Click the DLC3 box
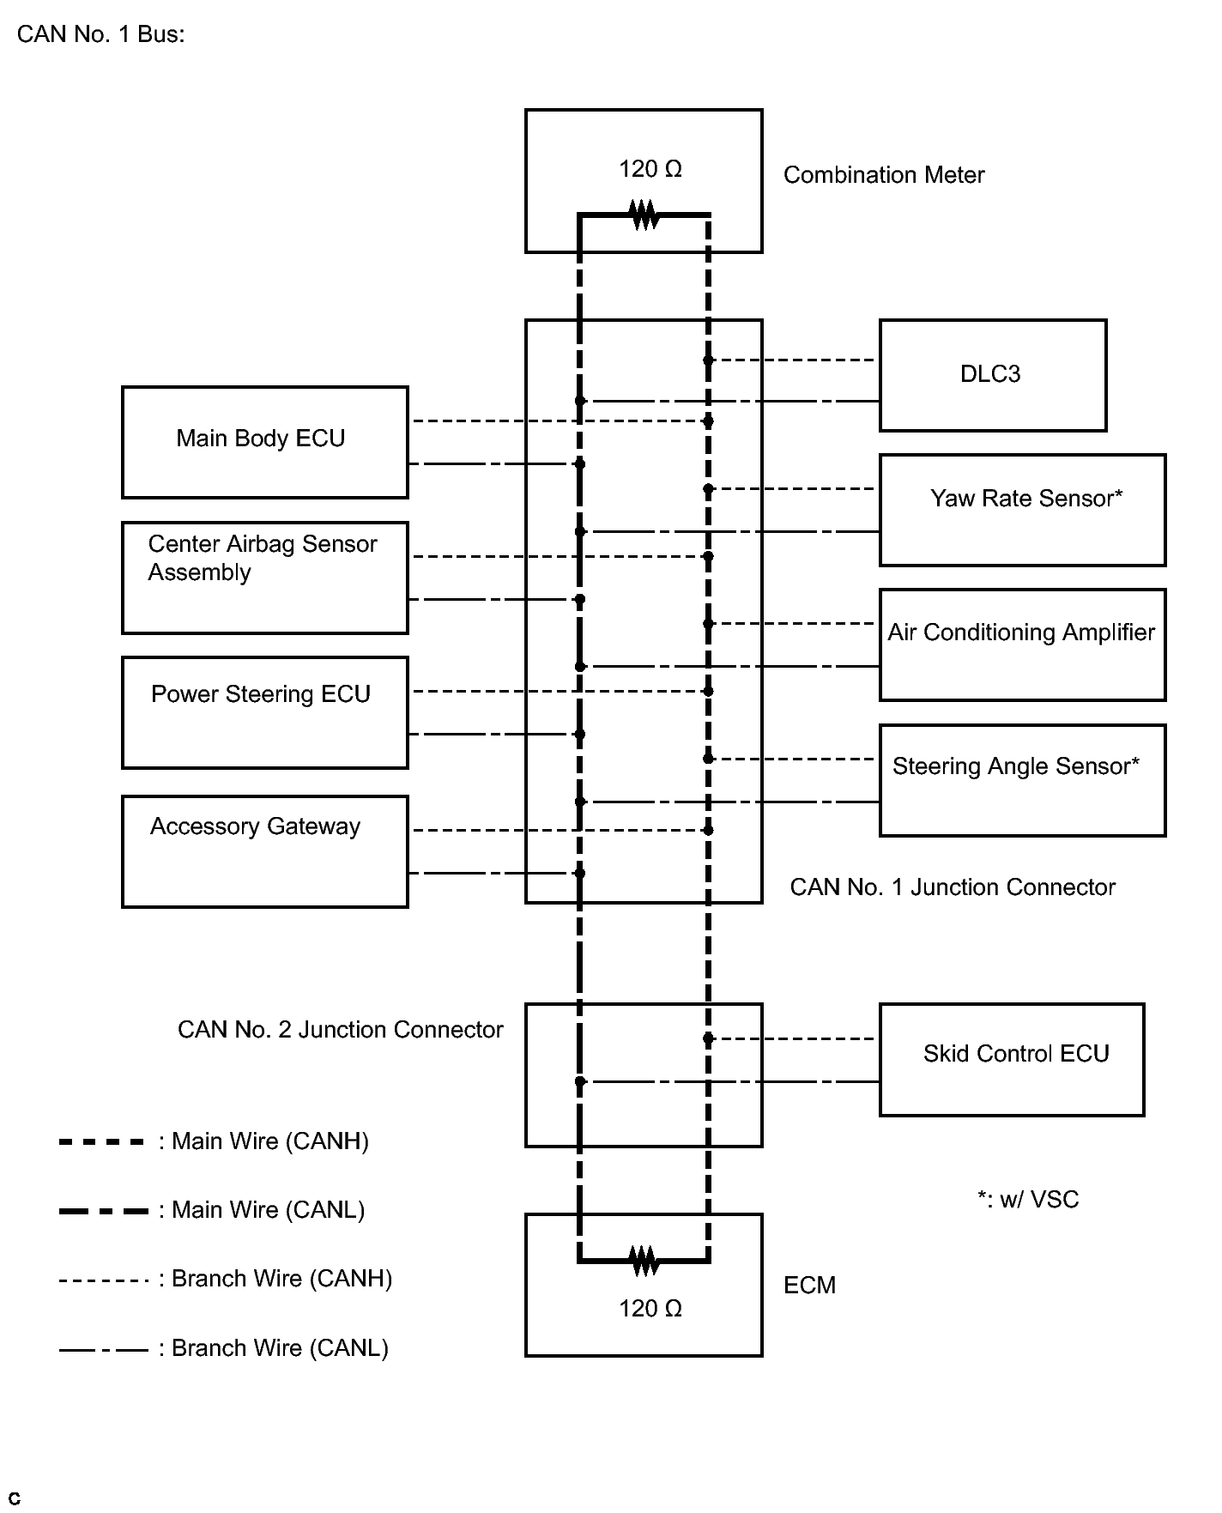tap(993, 375)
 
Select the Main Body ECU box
tap(265, 442)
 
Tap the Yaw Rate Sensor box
tap(1023, 510)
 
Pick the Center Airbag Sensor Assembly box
tap(265, 578)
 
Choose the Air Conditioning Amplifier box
tap(1023, 645)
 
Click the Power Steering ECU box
tap(265, 712)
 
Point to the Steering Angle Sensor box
tap(1023, 780)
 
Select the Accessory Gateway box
tap(265, 851)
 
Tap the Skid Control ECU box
tap(1013, 1059)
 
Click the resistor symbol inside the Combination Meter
tap(644, 215)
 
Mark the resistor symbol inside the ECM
tap(644, 1261)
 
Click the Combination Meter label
tap(884, 175)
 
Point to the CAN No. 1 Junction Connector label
tap(953, 887)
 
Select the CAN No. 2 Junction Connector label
tap(340, 1030)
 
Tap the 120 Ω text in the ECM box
tap(650, 1309)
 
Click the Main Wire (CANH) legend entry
tap(214, 1141)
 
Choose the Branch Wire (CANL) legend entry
tap(224, 1348)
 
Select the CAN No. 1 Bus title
tap(101, 34)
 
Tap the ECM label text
tap(809, 1286)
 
